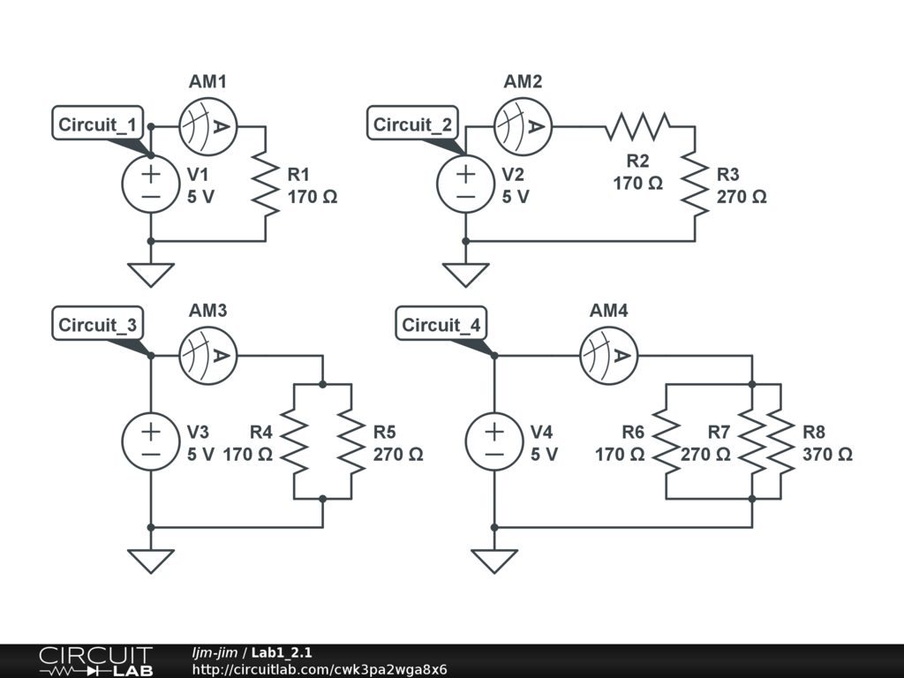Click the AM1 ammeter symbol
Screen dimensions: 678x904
coord(207,126)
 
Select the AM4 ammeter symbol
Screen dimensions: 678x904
coord(609,356)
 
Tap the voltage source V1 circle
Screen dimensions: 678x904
coord(151,184)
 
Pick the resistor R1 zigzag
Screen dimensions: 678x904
coord(266,184)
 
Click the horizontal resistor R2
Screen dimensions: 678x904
coord(637,126)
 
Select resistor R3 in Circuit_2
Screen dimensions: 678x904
coord(696,184)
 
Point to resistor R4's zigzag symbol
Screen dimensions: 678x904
coord(294,441)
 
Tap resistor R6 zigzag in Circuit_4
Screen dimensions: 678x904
coord(667,441)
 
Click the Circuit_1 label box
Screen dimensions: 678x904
coord(97,124)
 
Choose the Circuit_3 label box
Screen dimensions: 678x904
coord(97,325)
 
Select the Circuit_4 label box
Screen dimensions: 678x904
coord(441,325)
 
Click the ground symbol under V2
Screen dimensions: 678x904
coord(466,275)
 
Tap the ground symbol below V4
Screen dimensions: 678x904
coord(494,561)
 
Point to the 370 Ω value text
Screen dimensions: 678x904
coord(827,455)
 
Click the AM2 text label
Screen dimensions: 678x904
coord(523,82)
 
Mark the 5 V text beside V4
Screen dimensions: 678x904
coord(544,455)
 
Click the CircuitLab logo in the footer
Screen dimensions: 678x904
coord(94,661)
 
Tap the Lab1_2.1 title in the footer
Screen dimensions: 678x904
coord(282,653)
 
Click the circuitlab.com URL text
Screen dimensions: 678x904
coord(320,669)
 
